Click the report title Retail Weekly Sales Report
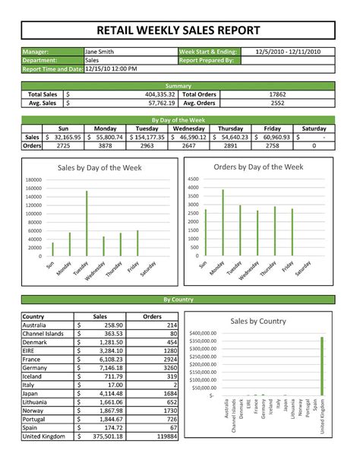pos(179,30)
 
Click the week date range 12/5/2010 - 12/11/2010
pos(287,51)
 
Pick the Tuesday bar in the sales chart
pos(87,223)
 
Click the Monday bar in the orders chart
pos(223,222)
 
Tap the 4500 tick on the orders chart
pos(193,179)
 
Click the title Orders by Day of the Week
pos(258,166)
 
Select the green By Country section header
pos(179,300)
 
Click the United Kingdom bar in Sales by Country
pos(322,366)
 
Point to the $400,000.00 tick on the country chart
pos(203,334)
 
